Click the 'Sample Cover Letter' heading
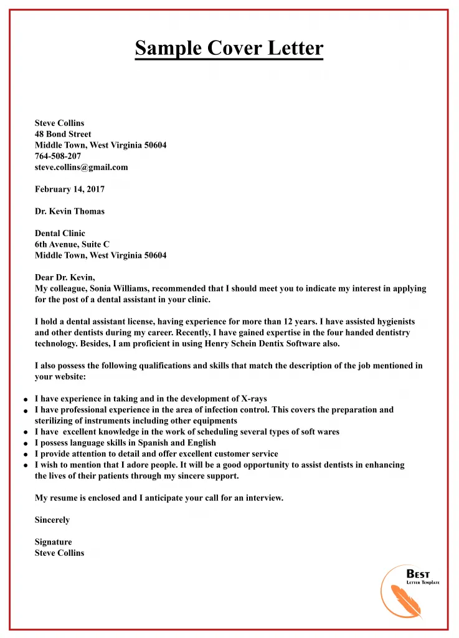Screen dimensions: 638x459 click(x=229, y=48)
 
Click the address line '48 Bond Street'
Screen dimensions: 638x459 click(x=63, y=134)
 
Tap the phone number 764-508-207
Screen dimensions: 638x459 click(x=58, y=156)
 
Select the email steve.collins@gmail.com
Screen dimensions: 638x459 click(x=81, y=167)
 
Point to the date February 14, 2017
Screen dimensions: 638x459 click(x=70, y=189)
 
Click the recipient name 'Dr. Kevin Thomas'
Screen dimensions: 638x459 click(x=70, y=211)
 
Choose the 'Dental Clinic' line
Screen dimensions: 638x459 click(x=60, y=234)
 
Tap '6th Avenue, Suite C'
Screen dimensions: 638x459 click(x=72, y=244)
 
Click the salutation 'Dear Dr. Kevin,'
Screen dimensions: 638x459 click(x=65, y=277)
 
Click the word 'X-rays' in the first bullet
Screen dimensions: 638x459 click(x=255, y=399)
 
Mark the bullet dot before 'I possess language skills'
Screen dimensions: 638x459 click(x=25, y=444)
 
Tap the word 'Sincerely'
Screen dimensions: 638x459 click(x=52, y=520)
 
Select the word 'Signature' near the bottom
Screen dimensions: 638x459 click(x=54, y=542)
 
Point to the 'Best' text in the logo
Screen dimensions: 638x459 click(x=418, y=574)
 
